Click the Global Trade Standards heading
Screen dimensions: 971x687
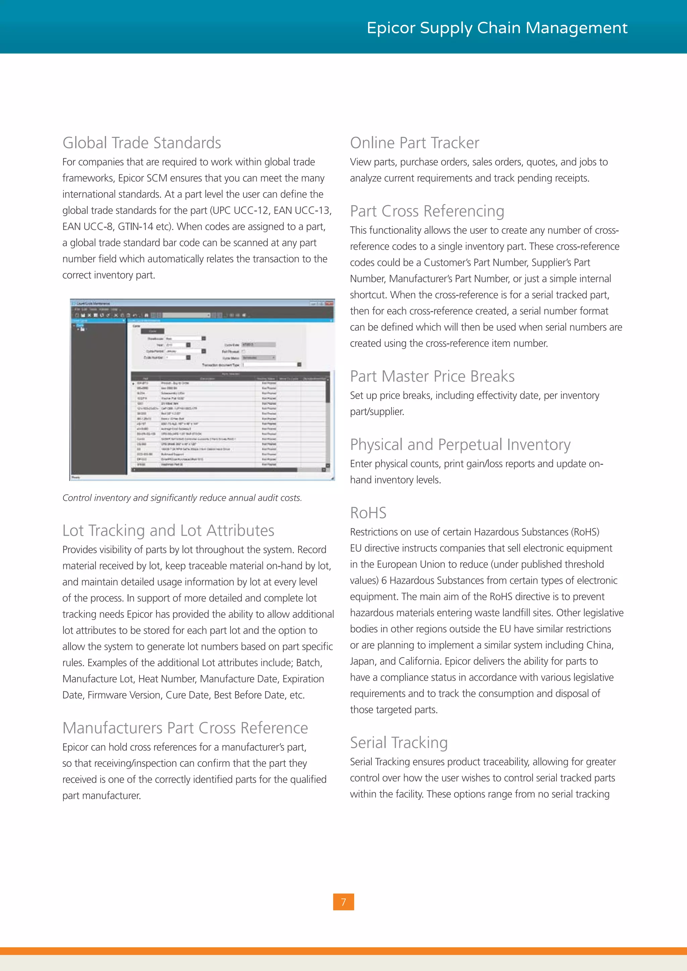click(142, 143)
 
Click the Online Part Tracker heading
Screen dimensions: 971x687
click(415, 143)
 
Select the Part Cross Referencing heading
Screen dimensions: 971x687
click(427, 211)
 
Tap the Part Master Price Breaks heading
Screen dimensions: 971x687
click(432, 377)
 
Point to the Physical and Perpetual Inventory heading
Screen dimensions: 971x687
click(460, 445)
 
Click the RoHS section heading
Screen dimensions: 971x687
click(368, 513)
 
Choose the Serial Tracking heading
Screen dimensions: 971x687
click(399, 743)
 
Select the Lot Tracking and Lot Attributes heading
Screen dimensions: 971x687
click(168, 530)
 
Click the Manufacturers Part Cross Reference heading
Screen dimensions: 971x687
click(185, 728)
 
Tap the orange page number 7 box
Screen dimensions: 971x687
click(343, 902)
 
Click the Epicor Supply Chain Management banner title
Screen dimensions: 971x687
click(497, 28)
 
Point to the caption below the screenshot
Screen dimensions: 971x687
click(182, 498)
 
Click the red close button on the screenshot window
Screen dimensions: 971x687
click(329, 304)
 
